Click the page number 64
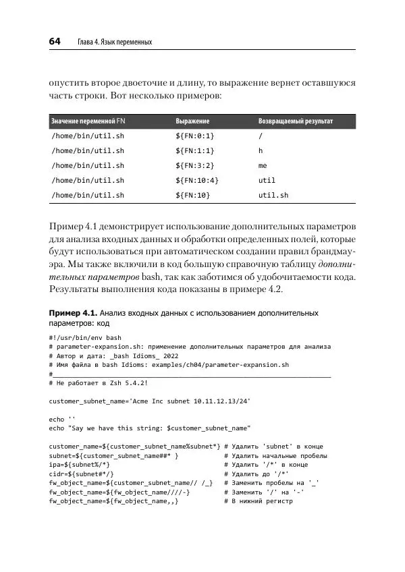tap(55, 42)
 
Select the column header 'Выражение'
tap(192, 121)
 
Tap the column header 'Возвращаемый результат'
tap(296, 121)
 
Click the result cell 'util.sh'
tap(273, 195)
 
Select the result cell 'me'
tap(263, 165)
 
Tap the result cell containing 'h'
tap(261, 150)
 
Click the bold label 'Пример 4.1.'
tap(74, 314)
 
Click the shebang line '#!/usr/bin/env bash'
tap(85, 337)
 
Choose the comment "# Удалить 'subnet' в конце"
tap(273, 446)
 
